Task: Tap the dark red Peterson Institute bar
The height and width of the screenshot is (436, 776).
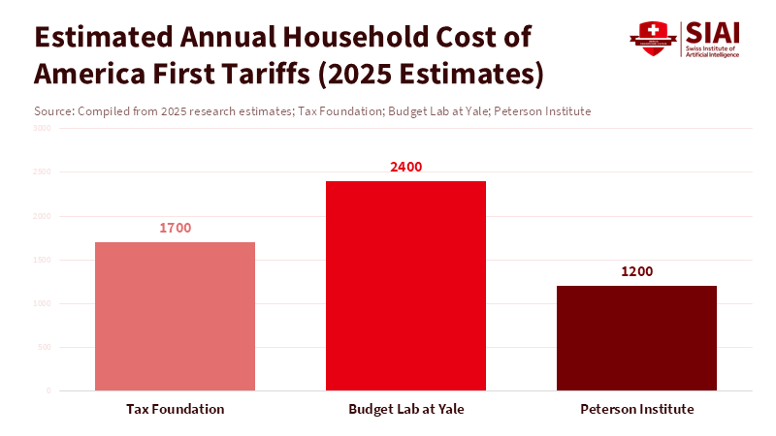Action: [636, 338]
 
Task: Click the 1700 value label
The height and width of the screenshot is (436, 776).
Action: [176, 228]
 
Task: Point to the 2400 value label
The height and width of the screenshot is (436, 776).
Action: [405, 167]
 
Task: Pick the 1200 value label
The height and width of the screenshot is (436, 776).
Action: [637, 271]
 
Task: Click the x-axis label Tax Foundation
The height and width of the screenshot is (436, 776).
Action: [176, 409]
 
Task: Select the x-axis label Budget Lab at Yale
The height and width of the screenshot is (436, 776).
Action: [406, 409]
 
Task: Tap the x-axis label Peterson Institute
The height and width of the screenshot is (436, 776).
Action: [637, 409]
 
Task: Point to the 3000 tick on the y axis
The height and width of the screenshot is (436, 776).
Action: [43, 128]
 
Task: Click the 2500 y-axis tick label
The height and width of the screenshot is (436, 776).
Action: [43, 171]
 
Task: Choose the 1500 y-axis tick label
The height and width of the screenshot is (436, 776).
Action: [43, 260]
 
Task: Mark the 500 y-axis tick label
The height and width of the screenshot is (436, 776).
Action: [45, 347]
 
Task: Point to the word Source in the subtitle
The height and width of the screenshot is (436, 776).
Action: [52, 111]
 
